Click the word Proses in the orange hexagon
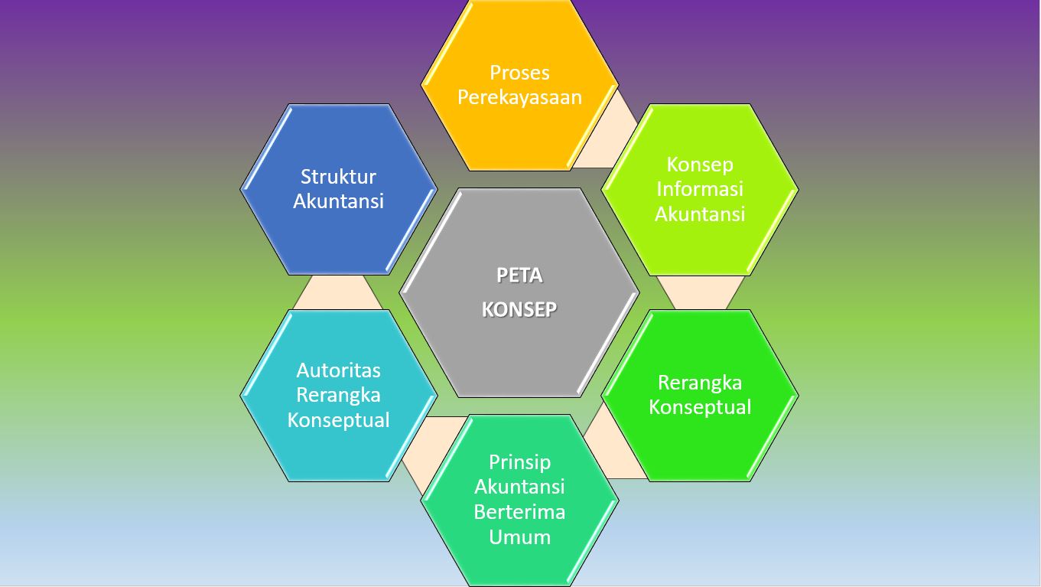tap(519, 73)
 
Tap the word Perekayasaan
tap(519, 97)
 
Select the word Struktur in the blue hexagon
tap(338, 177)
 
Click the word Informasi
tap(699, 189)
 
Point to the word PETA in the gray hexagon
tap(519, 275)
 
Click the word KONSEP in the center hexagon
tap(519, 309)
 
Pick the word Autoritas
tap(338, 370)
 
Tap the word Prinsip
tap(519, 462)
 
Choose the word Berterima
tap(519, 512)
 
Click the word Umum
tap(519, 536)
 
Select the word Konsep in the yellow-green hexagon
tap(699, 165)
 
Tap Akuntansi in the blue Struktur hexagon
tap(338, 201)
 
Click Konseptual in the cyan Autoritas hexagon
tap(338, 420)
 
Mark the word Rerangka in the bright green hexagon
tap(699, 383)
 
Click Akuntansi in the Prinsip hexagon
tap(519, 487)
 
